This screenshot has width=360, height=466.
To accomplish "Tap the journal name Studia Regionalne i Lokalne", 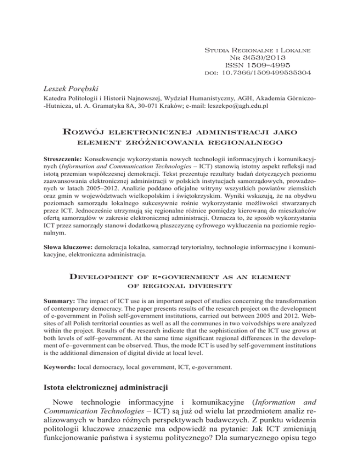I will [255, 49].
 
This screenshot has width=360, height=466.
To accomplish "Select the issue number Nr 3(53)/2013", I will [254, 57].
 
